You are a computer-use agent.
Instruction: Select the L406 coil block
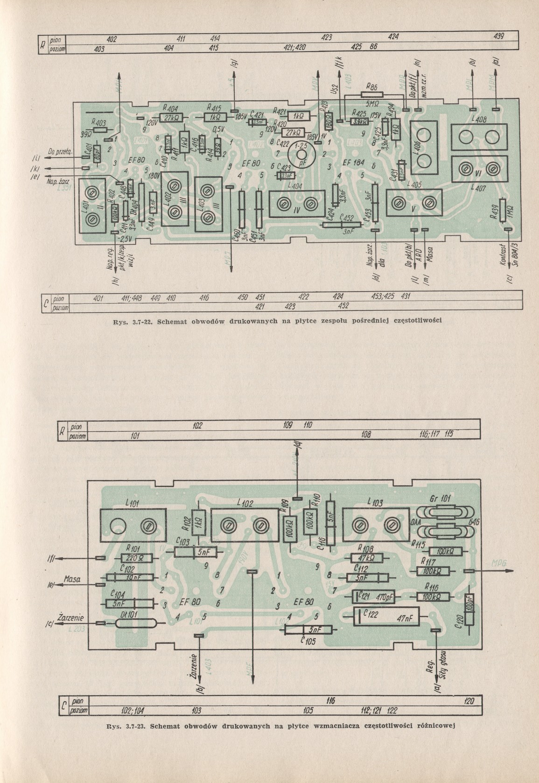(424, 146)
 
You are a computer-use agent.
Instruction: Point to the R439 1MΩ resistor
(502, 211)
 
